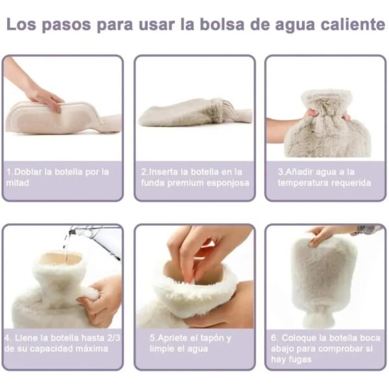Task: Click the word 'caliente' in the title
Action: tap(353, 25)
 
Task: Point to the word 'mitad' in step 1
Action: tap(18, 183)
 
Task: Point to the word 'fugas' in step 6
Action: tap(300, 360)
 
